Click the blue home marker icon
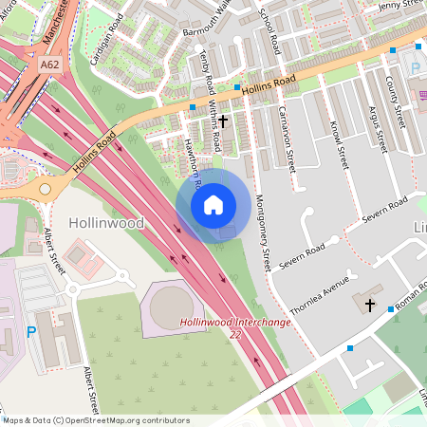(213, 204)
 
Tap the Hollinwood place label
(106, 223)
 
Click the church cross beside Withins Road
(224, 121)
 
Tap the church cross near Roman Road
(368, 305)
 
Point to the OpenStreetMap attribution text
(95, 420)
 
